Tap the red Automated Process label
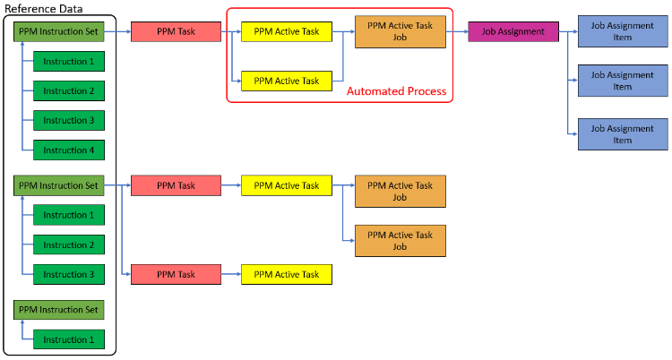click(x=396, y=91)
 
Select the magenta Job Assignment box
click(x=513, y=31)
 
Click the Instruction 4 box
click(x=68, y=150)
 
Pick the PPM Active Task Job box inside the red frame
click(x=400, y=31)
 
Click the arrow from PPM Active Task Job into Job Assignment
click(x=456, y=31)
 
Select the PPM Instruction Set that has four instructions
click(x=59, y=31)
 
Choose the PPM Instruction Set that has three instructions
click(x=59, y=185)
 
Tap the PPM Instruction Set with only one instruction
click(x=59, y=310)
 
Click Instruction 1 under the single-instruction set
click(x=68, y=339)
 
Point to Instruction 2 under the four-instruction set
click(x=68, y=90)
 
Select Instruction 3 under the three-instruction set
click(x=68, y=274)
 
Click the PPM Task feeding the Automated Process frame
click(x=176, y=31)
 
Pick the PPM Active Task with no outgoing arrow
click(x=286, y=274)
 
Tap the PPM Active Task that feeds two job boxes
click(x=286, y=185)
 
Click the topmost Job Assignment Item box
click(x=623, y=31)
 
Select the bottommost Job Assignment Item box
click(x=623, y=134)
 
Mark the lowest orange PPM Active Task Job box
click(x=400, y=241)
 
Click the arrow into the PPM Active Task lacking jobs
click(x=230, y=274)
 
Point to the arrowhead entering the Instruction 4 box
click(x=30, y=150)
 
